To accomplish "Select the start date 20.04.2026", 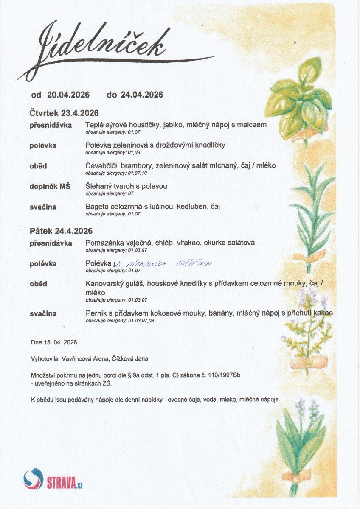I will click(68, 95).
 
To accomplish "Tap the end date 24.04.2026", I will click(142, 95).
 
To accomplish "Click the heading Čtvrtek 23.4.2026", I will click(64, 113).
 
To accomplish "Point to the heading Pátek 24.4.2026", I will click(61, 231).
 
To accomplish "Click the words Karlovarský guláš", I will click(112, 284).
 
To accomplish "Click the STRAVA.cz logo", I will click(53, 479).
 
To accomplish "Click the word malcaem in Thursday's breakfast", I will click(253, 125).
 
